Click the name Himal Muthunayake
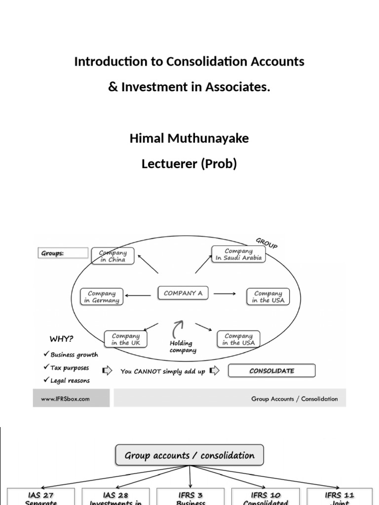pos(189,139)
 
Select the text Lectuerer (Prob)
pos(189,164)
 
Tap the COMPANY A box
pos(183,293)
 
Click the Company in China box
pos(113,256)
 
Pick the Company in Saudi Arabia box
pos(238,254)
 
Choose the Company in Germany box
pos(102,297)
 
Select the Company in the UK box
pos(126,339)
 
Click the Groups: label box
pos(63,253)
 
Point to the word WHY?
pos(62,339)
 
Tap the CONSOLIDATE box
pos(272,371)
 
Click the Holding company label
pos(183,347)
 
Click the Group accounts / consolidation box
pos(189,455)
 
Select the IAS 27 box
pos(41,497)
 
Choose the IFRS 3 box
pos(190,497)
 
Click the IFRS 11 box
pos(340,497)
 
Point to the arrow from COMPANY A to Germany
pos(139,295)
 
